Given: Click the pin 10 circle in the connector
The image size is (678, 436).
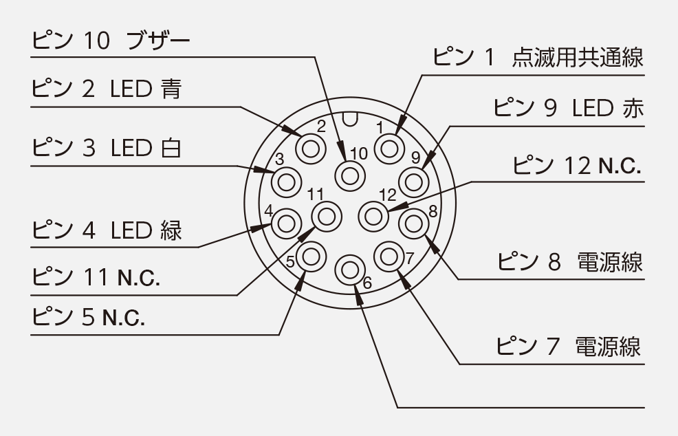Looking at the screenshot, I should coord(349,175).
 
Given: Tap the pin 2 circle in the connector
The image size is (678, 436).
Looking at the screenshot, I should coord(309,148).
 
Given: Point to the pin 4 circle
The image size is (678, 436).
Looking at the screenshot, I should coord(285,224).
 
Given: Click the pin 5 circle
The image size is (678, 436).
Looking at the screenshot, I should coord(311,257).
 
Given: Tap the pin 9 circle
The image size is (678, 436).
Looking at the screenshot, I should coord(413,182).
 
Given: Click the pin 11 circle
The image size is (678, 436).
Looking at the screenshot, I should coord(325,216).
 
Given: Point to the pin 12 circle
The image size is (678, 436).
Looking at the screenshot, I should coord(373,216).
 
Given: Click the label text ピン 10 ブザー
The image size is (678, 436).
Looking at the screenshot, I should coord(111,43).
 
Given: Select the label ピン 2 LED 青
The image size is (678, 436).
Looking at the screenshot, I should coord(107,89).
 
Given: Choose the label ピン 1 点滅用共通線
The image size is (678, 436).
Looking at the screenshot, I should coord(538,57).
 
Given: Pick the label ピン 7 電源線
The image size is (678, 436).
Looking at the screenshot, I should coord(569,346).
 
